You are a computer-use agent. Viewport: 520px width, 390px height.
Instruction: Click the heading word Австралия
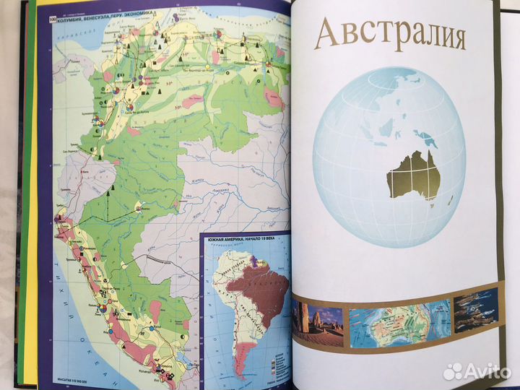tap(391, 34)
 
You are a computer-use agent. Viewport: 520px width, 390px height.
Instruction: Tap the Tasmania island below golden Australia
tap(431, 206)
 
